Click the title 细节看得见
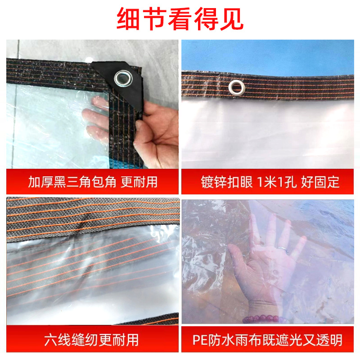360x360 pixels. point(180,19)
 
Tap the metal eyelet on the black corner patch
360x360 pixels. point(121,79)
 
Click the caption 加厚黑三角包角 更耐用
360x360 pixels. point(93,182)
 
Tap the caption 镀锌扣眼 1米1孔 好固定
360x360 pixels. point(270,182)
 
